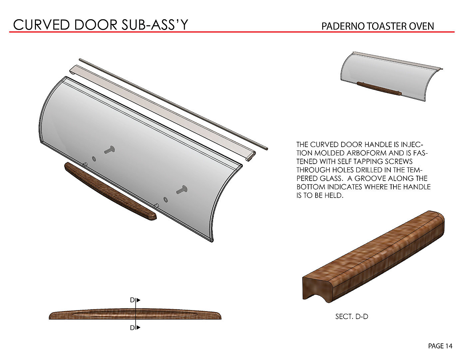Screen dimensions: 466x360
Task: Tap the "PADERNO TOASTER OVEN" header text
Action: pyautogui.click(x=377, y=26)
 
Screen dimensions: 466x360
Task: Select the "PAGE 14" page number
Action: pyautogui.click(x=440, y=346)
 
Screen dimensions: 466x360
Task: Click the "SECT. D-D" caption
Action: pyautogui.click(x=351, y=316)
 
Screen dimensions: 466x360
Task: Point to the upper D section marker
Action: pyautogui.click(x=134, y=300)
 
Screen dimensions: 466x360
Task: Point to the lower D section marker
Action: pyautogui.click(x=134, y=328)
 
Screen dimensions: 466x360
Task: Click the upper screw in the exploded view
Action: pyautogui.click(x=109, y=150)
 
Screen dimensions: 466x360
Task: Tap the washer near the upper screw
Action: pyautogui.click(x=94, y=158)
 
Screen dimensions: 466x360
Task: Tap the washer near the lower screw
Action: pyautogui.click(x=165, y=199)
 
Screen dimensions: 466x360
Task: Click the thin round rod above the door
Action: pyautogui.click(x=173, y=103)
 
